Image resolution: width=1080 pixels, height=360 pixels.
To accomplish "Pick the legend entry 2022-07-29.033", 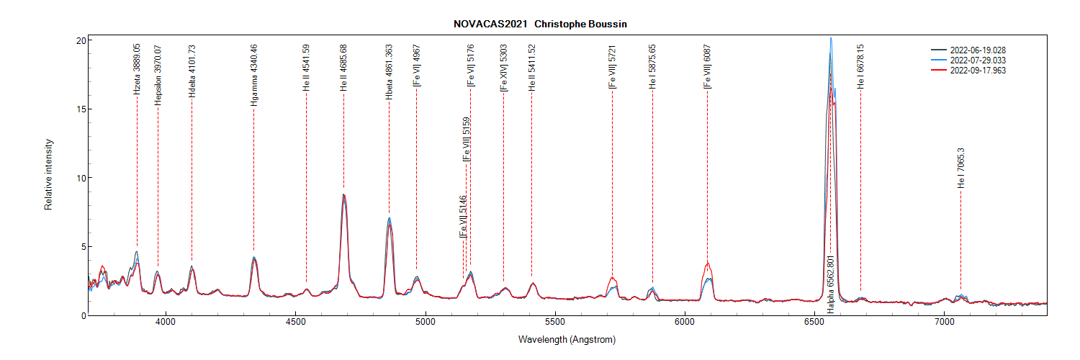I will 978,60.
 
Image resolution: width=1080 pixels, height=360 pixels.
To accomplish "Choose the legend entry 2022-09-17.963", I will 978,71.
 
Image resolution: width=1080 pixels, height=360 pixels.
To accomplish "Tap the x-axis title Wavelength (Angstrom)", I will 567,339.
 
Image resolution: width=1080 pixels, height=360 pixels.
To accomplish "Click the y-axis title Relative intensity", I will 49,178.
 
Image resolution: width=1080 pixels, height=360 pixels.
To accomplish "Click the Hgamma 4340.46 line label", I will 254,76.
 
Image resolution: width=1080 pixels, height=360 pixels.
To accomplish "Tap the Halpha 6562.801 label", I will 830,284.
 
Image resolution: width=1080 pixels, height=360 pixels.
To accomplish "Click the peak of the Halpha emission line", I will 831,38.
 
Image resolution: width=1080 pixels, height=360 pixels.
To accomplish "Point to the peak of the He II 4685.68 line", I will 343,194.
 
